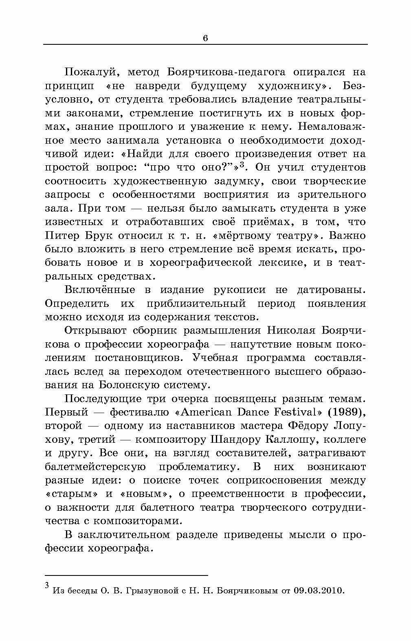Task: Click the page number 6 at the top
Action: (205, 38)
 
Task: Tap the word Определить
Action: (77, 304)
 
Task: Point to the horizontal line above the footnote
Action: (126, 575)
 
